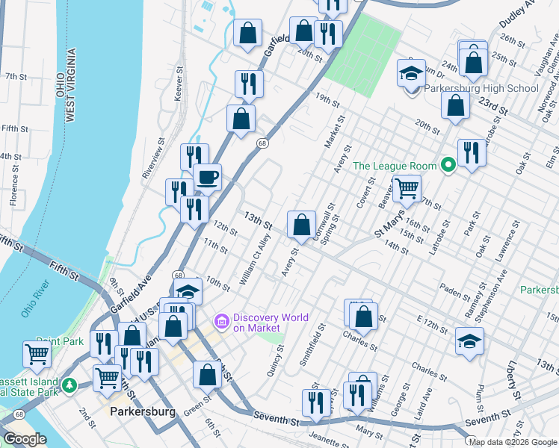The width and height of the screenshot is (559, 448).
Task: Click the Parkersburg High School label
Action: pos(481,88)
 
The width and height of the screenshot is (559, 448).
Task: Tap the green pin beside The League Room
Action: pos(448,166)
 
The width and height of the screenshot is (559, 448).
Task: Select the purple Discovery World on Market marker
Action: pos(221,323)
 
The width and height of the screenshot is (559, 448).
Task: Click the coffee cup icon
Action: pos(208,178)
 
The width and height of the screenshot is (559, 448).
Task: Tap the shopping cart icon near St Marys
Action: pos(407,187)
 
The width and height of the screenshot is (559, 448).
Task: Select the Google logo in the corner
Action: pos(25,439)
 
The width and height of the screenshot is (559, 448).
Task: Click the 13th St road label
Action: pos(257,218)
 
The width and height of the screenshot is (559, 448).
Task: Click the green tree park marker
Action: pos(70,385)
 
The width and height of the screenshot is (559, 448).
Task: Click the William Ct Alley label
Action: pos(255,261)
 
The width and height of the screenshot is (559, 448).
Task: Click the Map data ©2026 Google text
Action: pos(512,441)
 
